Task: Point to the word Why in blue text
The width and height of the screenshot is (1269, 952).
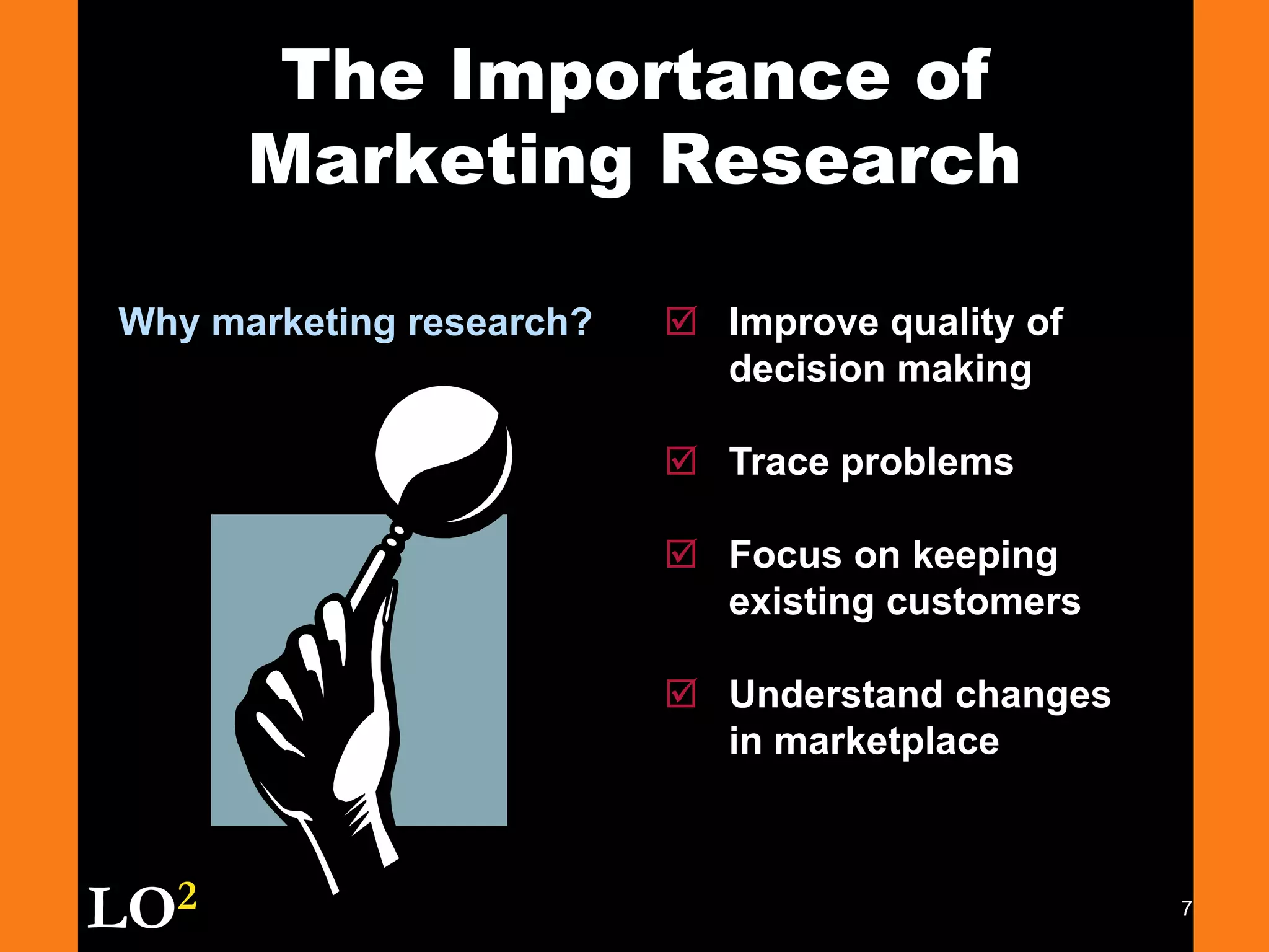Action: point(159,322)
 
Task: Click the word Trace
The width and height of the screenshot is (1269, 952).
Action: point(779,462)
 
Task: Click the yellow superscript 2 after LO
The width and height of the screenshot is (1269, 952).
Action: point(187,896)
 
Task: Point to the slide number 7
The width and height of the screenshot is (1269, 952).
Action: point(1186,909)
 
